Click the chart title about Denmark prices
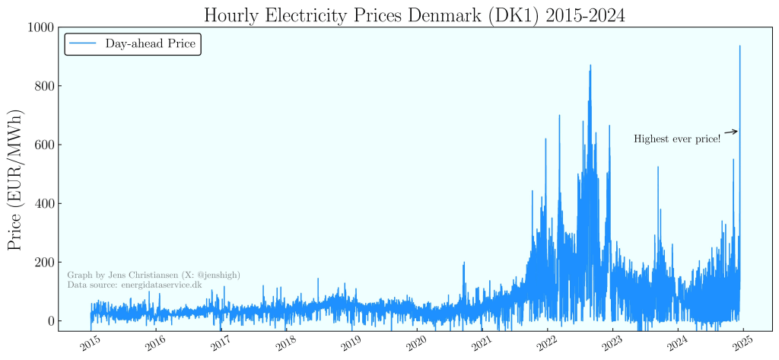[x=414, y=14]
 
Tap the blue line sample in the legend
[x=82, y=45]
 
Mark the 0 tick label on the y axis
[x=52, y=320]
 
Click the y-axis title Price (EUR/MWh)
[x=16, y=180]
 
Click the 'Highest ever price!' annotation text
[x=677, y=139]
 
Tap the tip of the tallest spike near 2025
[x=739, y=46]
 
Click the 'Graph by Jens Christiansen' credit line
[x=154, y=275]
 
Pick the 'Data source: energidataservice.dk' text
[x=135, y=285]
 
